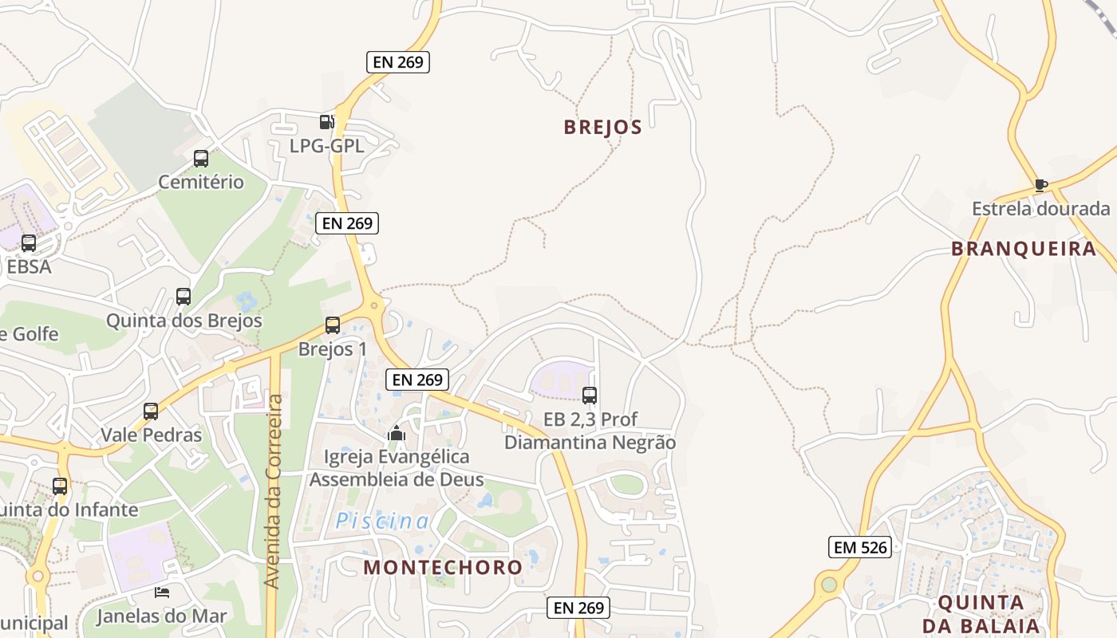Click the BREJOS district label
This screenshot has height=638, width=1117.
pos(602,128)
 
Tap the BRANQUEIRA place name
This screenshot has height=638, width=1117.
pos(1024,249)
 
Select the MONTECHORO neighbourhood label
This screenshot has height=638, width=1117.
pos(443,568)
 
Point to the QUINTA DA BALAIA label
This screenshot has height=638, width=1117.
pos(981,614)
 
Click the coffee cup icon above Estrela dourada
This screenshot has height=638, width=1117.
pos(1040,186)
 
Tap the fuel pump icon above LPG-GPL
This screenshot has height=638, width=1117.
pos(326,122)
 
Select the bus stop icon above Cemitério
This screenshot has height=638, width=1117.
pos(200,159)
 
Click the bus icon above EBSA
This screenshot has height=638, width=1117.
pos(29,243)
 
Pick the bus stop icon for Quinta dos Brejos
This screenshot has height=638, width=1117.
pos(184,297)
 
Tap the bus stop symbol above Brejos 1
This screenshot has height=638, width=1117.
pos(333,325)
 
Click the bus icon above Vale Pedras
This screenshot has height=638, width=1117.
pos(151,412)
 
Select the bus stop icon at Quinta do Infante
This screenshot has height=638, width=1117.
pos(60,486)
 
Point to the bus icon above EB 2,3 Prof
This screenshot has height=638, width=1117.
pos(590,395)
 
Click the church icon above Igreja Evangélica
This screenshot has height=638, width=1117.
pos(397,434)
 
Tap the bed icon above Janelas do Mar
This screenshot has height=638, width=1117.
pos(162,593)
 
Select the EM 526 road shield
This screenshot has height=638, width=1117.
pos(859,547)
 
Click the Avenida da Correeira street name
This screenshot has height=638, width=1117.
pos(274,491)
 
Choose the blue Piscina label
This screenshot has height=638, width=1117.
pos(382,522)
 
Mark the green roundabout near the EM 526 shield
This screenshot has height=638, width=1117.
pos(829,585)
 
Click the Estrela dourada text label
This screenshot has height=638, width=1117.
pos(1040,209)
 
